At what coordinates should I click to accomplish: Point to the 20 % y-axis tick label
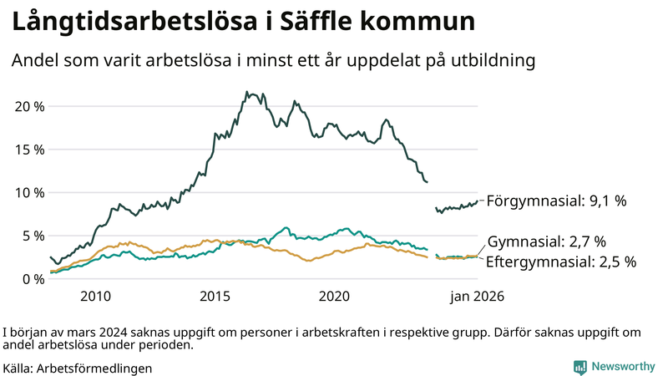click(29, 106)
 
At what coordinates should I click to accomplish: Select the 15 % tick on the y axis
click(29, 150)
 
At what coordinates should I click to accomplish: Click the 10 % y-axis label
click(29, 192)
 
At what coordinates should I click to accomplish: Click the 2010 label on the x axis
click(95, 296)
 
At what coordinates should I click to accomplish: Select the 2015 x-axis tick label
click(215, 296)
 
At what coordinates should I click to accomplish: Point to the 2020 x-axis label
click(334, 296)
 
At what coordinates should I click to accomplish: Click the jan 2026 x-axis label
click(477, 296)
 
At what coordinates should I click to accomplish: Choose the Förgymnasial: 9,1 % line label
click(556, 201)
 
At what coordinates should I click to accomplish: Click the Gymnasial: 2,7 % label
click(546, 242)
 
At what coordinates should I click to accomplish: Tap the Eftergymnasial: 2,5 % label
click(561, 262)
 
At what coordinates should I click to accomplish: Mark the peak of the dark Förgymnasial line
click(246, 92)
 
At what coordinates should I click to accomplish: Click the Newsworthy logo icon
click(579, 367)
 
